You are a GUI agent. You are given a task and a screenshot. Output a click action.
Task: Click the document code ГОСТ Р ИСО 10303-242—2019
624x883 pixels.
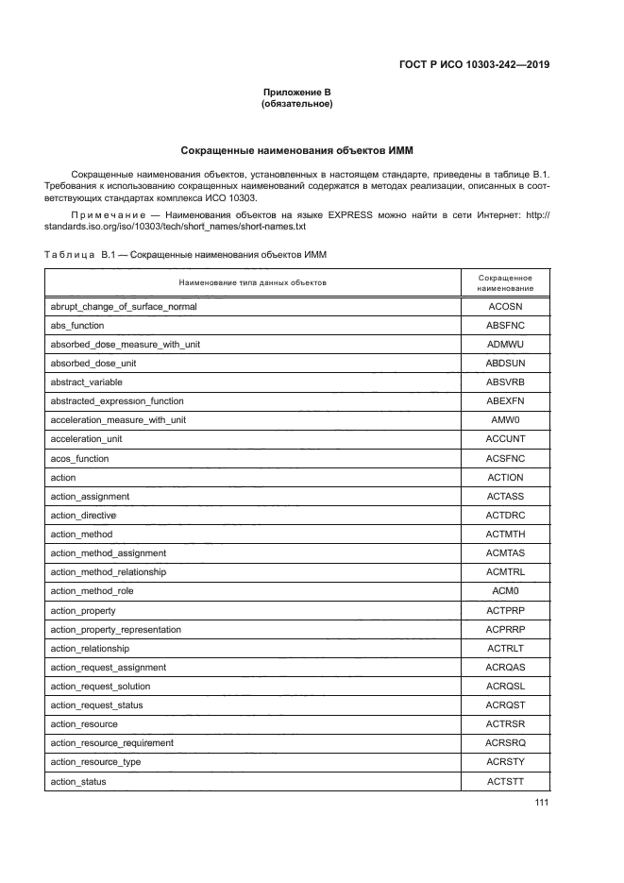point(474,65)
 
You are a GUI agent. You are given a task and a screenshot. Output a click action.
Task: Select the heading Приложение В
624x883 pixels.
point(296,92)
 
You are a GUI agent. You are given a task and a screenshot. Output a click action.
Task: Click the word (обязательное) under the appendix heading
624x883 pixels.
point(296,104)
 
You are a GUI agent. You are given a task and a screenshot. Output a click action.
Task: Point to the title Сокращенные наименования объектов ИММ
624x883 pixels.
point(296,150)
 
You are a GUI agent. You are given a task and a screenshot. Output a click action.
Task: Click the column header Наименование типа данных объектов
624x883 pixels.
point(251,283)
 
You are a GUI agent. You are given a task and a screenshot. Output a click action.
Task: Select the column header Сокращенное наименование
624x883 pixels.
point(505,283)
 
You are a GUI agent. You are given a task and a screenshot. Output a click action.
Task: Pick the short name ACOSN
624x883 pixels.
point(505,307)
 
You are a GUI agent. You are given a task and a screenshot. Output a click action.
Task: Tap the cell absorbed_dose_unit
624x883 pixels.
point(93,364)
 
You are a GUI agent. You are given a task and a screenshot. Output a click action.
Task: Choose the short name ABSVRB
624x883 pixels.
point(505,382)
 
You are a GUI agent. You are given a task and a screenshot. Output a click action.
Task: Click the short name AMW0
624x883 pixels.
point(505,420)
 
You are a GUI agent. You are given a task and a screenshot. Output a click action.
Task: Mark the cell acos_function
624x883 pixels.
point(79,459)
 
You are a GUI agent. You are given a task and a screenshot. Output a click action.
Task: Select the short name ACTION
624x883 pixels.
point(505,478)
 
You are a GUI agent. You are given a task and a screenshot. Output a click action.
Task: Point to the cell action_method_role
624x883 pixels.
point(92,591)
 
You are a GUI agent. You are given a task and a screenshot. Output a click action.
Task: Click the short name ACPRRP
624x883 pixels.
point(505,630)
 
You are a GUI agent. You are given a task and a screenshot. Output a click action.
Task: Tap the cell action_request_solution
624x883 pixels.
point(100,687)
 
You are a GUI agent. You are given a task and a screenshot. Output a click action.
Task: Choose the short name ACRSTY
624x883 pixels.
point(505,762)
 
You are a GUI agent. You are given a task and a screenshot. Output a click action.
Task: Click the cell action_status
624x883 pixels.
point(78,782)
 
